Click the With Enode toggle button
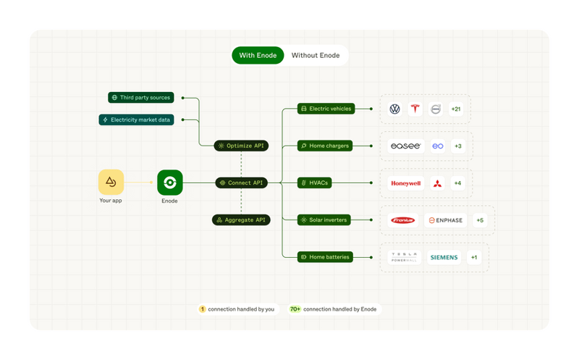tap(258, 56)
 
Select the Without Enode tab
tap(316, 56)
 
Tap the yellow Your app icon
tap(111, 182)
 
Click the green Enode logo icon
tap(170, 183)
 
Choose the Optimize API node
tap(242, 146)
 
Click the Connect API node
tap(242, 183)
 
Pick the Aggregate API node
tap(241, 219)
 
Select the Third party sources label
tap(141, 97)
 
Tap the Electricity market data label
tap(137, 120)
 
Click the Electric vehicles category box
tap(326, 109)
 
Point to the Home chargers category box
tap(325, 146)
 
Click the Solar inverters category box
tap(325, 219)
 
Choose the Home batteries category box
tap(325, 256)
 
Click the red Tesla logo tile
tap(415, 109)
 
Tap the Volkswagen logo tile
tap(394, 109)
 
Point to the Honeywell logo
tap(405, 183)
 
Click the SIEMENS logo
tap(444, 257)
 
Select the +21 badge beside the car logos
tap(456, 109)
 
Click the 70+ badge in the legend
tap(295, 309)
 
